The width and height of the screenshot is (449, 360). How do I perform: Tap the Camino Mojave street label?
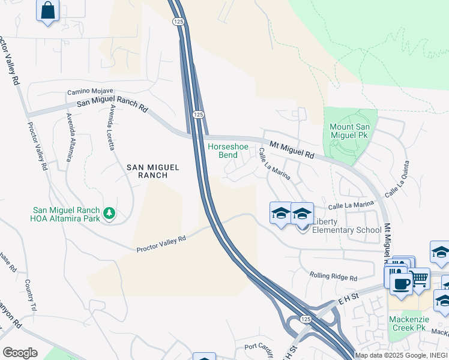pyautogui.click(x=85, y=92)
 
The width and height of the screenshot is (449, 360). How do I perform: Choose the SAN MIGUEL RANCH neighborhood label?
pyautogui.click(x=153, y=172)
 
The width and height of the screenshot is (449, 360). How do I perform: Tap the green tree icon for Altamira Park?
pyautogui.click(x=109, y=213)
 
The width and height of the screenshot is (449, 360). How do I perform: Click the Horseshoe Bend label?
pyautogui.click(x=223, y=151)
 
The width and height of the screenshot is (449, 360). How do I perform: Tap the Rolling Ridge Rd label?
pyautogui.click(x=333, y=277)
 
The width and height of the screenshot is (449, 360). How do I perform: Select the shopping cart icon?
pyautogui.click(x=419, y=278)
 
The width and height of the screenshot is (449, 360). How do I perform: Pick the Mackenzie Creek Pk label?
pyautogui.click(x=407, y=323)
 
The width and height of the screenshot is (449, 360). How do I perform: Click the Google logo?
pyautogui.click(x=20, y=352)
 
